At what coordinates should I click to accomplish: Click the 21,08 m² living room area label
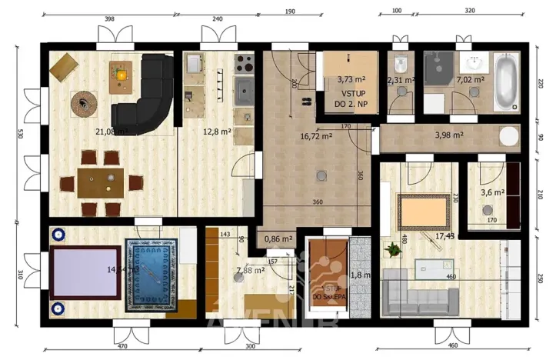pyautogui.click(x=110, y=132)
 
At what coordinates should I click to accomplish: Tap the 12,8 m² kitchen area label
pyautogui.click(x=217, y=132)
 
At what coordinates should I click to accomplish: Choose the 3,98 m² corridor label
pyautogui.click(x=449, y=136)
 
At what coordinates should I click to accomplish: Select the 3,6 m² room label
pyautogui.click(x=492, y=193)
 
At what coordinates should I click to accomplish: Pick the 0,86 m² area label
pyautogui.click(x=278, y=239)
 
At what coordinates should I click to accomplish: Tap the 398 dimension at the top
pyautogui.click(x=109, y=19)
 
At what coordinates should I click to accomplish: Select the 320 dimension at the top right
pyautogui.click(x=470, y=12)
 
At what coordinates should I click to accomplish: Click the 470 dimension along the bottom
pyautogui.click(x=122, y=348)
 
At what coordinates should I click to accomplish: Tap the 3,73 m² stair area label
pyautogui.click(x=351, y=79)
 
